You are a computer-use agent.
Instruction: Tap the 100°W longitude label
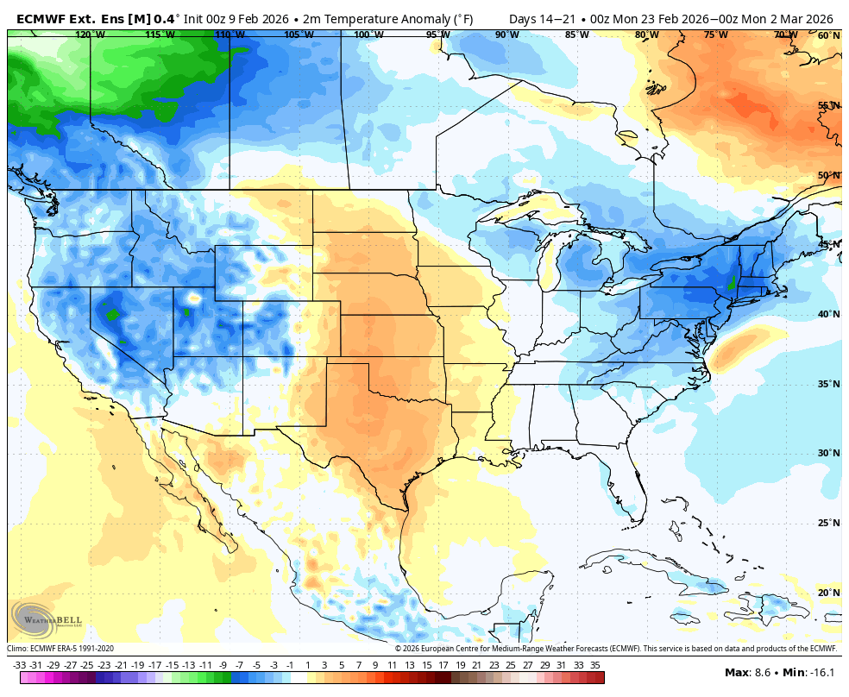pos(368,35)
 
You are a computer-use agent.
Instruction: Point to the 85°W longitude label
pos(577,35)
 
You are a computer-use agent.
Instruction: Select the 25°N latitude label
pos(828,523)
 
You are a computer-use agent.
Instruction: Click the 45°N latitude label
pos(828,245)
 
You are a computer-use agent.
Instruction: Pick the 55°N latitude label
pos(828,106)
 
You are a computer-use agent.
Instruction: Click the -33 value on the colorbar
pos(19,665)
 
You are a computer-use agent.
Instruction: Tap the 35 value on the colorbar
pos(594,665)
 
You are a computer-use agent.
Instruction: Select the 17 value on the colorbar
pos(443,665)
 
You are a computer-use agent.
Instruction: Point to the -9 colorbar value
pos(223,665)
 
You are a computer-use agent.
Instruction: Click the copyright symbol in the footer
pos(398,649)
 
